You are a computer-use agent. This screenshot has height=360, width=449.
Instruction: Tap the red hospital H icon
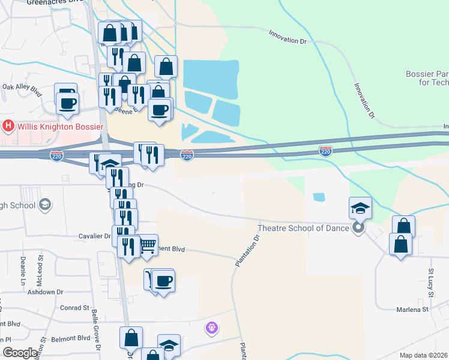pos(8,126)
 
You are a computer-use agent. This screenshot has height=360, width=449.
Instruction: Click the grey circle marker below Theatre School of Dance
pos(358,227)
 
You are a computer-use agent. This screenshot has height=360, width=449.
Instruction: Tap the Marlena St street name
pos(412,310)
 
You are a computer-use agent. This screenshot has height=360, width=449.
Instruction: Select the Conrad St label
pos(74,308)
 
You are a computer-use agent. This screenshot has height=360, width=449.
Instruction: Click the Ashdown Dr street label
pos(46,292)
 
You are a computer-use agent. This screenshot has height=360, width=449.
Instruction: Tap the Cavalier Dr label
pos(95,236)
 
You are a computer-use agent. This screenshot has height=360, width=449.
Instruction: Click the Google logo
pos(20,353)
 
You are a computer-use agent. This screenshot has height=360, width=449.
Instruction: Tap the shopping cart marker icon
pos(147,245)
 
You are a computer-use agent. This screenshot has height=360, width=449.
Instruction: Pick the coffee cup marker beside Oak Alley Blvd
pos(67,101)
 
